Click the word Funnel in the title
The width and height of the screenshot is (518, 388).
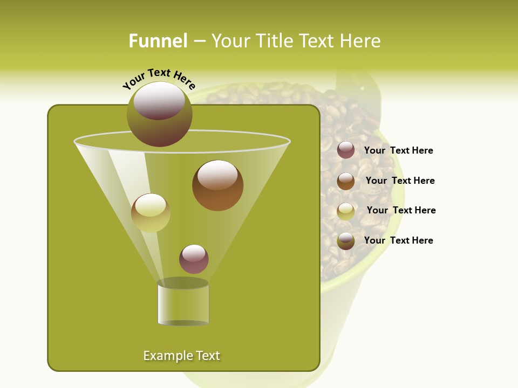[x=158, y=41]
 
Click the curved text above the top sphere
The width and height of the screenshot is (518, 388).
[x=159, y=78]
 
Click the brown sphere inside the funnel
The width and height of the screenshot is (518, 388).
[x=217, y=186]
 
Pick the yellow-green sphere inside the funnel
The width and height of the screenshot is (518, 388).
[x=151, y=213]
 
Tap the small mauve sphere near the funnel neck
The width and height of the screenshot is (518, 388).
[x=194, y=259]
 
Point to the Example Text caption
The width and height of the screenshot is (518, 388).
[x=182, y=356]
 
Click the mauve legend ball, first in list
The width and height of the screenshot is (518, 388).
[x=346, y=150]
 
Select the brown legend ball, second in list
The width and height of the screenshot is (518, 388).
[x=346, y=181]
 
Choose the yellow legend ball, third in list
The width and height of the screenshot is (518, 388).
[x=346, y=211]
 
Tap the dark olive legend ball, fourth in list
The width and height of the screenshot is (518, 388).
[x=346, y=241]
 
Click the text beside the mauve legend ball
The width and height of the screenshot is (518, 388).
[x=398, y=151]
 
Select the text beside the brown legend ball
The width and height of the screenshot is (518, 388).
[x=400, y=181]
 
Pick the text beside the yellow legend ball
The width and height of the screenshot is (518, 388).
[x=401, y=211]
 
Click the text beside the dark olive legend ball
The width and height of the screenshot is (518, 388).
[x=398, y=240]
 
